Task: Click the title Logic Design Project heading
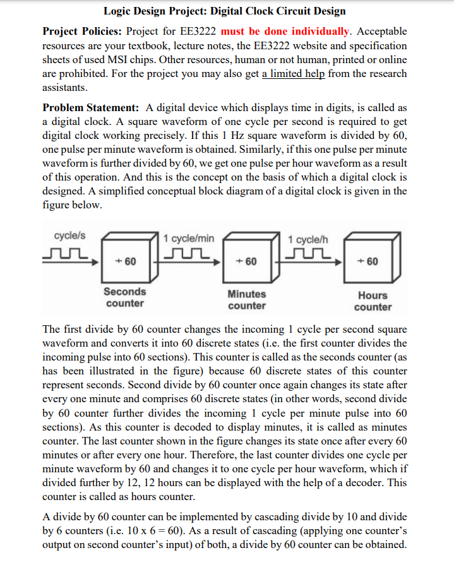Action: (224, 11)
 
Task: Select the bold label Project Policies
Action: (82, 31)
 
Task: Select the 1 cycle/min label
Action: (189, 238)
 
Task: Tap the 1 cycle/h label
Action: (308, 239)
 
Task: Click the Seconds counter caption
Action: (124, 297)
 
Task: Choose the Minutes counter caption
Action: (246, 300)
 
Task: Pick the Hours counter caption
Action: (373, 301)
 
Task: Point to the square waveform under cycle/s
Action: (63, 254)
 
